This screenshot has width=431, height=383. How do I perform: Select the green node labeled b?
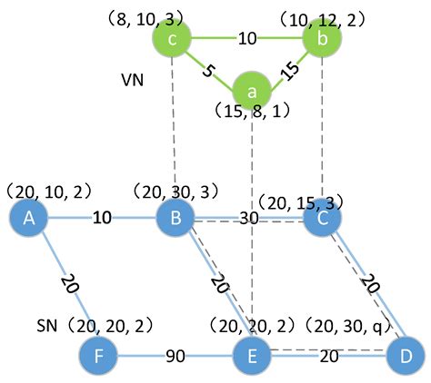point(322,38)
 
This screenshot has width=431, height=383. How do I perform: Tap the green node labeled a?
point(252,92)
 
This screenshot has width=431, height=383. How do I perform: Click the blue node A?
point(27,219)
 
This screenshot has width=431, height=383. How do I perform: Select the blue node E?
point(253,353)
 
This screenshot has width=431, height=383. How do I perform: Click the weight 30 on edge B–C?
point(247,219)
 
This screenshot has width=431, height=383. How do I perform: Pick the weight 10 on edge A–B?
point(102,219)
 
